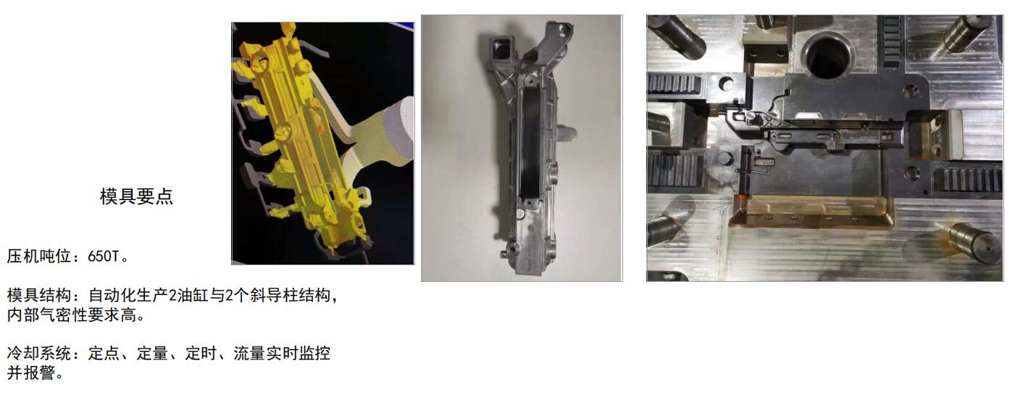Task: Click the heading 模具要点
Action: click(136, 196)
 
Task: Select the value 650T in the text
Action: click(104, 257)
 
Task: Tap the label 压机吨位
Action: click(39, 257)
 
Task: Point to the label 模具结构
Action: click(39, 296)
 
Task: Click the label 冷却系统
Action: click(39, 353)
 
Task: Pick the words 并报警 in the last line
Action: click(31, 372)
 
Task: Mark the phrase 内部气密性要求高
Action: click(72, 315)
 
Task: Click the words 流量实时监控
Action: click(282, 353)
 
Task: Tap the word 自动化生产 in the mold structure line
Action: click(128, 296)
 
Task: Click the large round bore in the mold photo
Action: click(828, 57)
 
